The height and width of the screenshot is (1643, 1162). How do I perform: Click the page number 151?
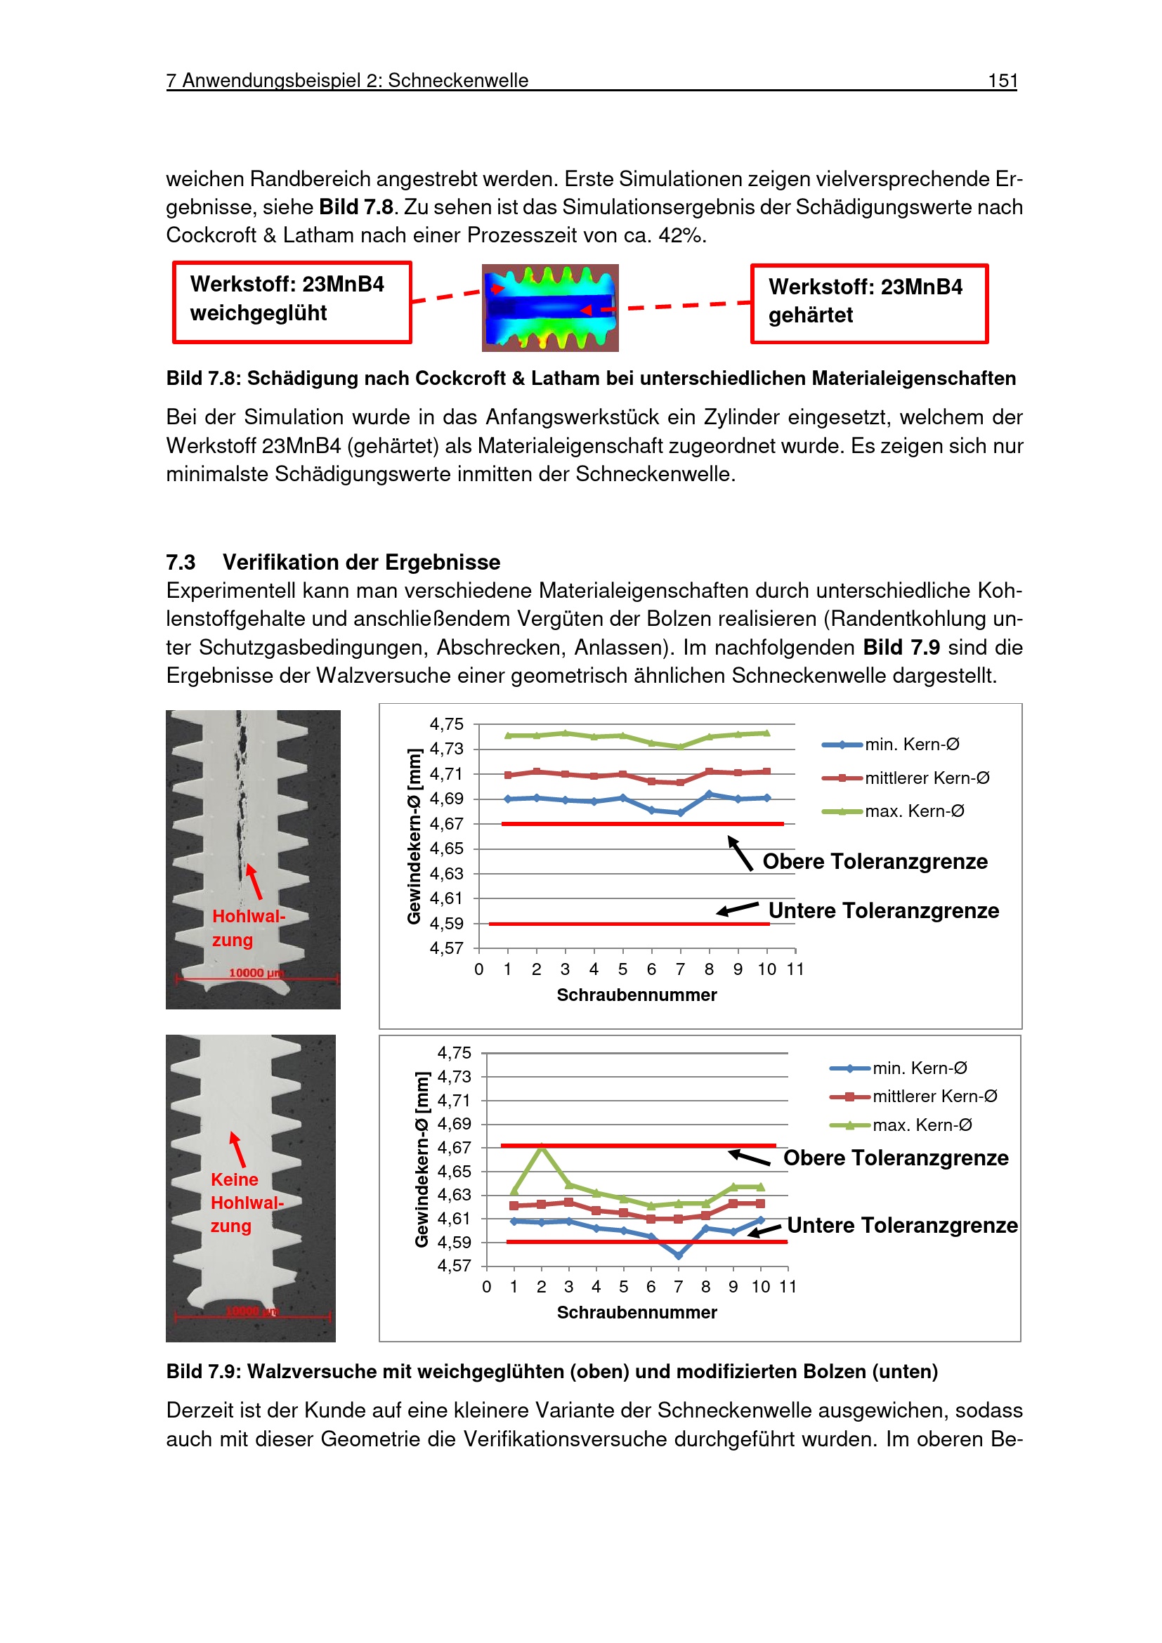(1002, 81)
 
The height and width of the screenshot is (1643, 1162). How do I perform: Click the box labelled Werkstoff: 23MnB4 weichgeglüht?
(292, 302)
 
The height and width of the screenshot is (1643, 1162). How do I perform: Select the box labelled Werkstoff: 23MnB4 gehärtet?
(868, 303)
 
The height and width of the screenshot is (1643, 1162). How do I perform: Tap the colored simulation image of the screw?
(549, 308)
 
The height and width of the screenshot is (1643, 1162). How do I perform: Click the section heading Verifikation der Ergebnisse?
(360, 563)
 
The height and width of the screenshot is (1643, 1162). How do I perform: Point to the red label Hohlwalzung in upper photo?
(247, 928)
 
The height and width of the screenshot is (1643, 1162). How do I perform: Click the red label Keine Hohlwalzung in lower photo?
(245, 1202)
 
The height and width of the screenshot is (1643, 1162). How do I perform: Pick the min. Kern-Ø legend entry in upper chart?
(912, 745)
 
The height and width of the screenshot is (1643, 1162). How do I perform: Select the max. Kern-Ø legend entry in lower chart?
(922, 1125)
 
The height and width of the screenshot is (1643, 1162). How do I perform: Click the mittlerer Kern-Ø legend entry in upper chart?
(926, 778)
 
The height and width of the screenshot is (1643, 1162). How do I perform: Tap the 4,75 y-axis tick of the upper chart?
(447, 724)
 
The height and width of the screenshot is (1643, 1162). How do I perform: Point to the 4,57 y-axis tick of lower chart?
(455, 1266)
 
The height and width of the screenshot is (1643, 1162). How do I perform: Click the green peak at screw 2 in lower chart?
(542, 1147)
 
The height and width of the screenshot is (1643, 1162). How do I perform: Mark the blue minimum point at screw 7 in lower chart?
(679, 1255)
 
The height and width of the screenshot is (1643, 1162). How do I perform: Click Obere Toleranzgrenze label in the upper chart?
(875, 862)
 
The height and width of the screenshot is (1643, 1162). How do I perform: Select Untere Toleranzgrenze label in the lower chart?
(901, 1226)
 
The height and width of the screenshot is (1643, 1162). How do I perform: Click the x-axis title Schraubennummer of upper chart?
(636, 995)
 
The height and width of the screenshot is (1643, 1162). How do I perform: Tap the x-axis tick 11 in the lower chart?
(788, 1288)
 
